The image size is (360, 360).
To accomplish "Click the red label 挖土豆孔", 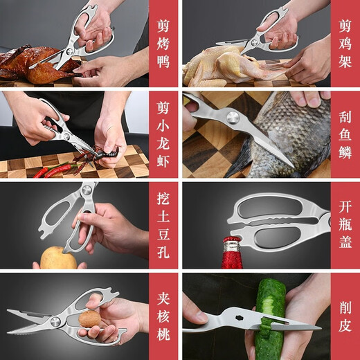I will point(163,225).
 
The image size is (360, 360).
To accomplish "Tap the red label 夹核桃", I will point(163,316).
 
